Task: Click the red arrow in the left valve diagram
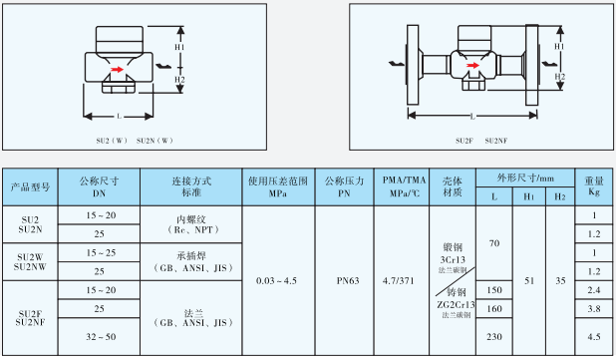click(x=119, y=69)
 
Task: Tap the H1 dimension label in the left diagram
click(x=179, y=47)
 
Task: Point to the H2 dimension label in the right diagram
click(x=561, y=77)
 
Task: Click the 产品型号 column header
click(x=30, y=186)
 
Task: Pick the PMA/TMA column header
click(x=399, y=186)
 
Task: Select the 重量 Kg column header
click(x=593, y=186)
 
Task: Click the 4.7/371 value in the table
click(x=399, y=282)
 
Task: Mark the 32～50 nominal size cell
click(x=99, y=338)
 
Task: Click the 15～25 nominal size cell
click(x=99, y=252)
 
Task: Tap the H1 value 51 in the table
click(x=528, y=282)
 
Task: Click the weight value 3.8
click(x=593, y=309)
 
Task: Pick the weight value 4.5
click(x=593, y=338)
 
